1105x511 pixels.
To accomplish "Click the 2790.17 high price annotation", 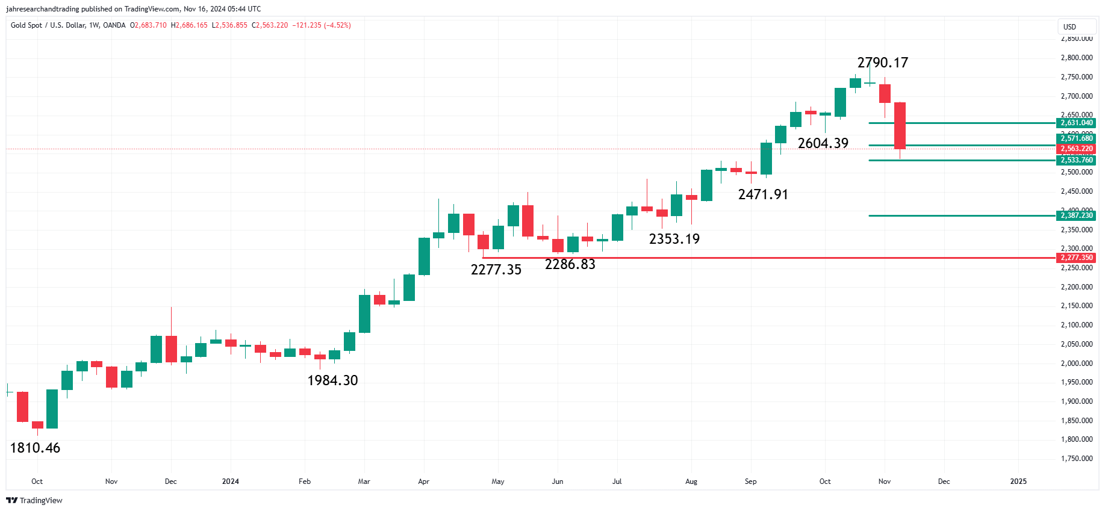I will pyautogui.click(x=882, y=63).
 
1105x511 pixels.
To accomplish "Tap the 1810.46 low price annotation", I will pyautogui.click(x=35, y=448).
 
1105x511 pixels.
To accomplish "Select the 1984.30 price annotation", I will pyautogui.click(x=332, y=380).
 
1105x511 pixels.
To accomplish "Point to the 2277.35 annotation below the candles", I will pyautogui.click(x=496, y=270).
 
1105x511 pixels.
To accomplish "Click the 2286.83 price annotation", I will pyautogui.click(x=570, y=264).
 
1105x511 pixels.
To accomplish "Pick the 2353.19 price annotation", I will pyautogui.click(x=674, y=239).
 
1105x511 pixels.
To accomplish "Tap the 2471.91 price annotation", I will pyautogui.click(x=762, y=194).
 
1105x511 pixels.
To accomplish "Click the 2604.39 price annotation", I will pyautogui.click(x=823, y=143).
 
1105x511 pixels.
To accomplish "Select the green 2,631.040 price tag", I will pyautogui.click(x=1076, y=123).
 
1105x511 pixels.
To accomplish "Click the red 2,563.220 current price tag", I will pyautogui.click(x=1076, y=149).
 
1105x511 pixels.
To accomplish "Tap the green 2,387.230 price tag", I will pyautogui.click(x=1076, y=215).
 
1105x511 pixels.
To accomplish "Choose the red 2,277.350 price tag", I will pyautogui.click(x=1076, y=258).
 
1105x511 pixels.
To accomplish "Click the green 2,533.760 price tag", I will pyautogui.click(x=1076, y=160).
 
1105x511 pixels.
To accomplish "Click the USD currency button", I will pyautogui.click(x=1069, y=27).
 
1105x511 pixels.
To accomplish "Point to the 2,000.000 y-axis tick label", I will pyautogui.click(x=1076, y=364).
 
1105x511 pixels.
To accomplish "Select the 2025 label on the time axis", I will pyautogui.click(x=1018, y=482).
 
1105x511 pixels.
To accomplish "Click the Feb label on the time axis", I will pyautogui.click(x=305, y=482).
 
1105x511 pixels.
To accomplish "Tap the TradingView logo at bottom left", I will pyautogui.click(x=34, y=501).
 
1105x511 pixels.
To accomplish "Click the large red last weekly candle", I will pyautogui.click(x=900, y=126).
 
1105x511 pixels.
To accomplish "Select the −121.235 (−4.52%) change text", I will pyautogui.click(x=322, y=25).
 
